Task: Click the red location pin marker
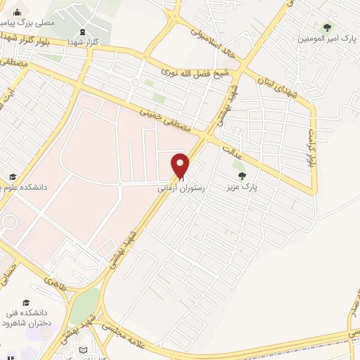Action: tap(181, 165)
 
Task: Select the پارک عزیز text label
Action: tap(243, 188)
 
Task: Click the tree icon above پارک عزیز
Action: tap(242, 176)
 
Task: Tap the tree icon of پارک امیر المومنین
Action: tap(326, 27)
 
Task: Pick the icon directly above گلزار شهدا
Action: tap(83, 32)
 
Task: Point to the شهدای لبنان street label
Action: tap(282, 91)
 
